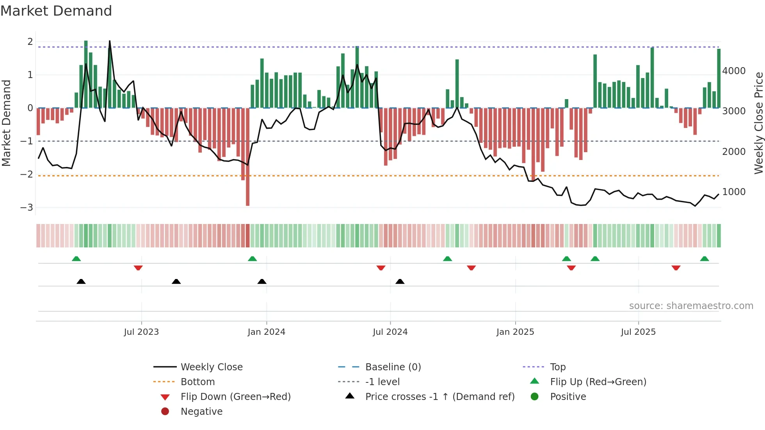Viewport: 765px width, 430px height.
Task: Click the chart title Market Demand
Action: tap(56, 11)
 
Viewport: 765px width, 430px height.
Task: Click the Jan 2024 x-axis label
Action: tap(266, 332)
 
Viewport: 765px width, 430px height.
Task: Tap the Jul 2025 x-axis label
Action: tap(638, 332)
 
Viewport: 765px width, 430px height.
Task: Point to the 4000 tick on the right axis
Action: tap(734, 71)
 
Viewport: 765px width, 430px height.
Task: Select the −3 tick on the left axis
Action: tap(27, 208)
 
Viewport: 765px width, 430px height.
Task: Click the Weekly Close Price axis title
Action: tap(758, 123)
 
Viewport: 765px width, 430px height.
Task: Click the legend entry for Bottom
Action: tap(197, 382)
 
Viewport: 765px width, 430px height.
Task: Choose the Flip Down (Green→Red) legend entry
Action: tap(235, 397)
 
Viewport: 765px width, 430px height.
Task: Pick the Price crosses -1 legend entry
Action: tap(439, 397)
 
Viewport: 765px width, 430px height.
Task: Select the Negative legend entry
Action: tap(201, 412)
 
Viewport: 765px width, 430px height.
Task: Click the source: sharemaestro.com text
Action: tap(691, 306)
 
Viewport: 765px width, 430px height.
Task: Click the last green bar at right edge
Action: tap(719, 78)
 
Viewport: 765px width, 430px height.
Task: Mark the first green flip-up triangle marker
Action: tap(76, 259)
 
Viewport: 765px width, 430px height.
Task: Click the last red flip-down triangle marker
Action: tap(676, 268)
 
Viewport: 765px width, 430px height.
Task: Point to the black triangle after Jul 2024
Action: tap(400, 281)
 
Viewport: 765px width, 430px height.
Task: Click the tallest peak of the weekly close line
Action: tap(110, 41)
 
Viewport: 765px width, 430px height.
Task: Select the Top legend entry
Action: tap(557, 367)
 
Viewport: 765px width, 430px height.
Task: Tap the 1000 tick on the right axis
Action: tap(734, 192)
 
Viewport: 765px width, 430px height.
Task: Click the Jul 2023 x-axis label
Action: tap(141, 332)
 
